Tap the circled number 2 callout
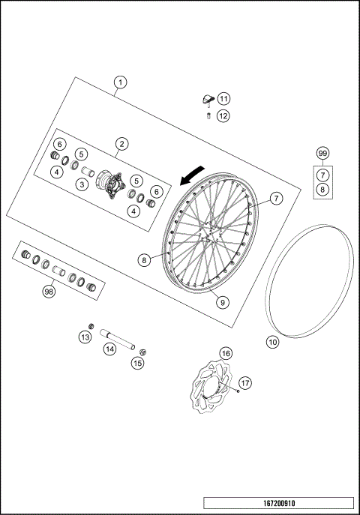pos(121,142)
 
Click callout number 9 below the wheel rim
pos(223,302)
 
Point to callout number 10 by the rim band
pos(273,341)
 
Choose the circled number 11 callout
pos(224,99)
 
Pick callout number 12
pos(223,115)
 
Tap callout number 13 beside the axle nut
pos(85,337)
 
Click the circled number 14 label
pos(109,349)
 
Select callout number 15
pos(136,363)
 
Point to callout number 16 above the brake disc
pos(225,352)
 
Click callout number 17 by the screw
pos(246,382)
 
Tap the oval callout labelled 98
pos(49,292)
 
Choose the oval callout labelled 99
pos(322,153)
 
